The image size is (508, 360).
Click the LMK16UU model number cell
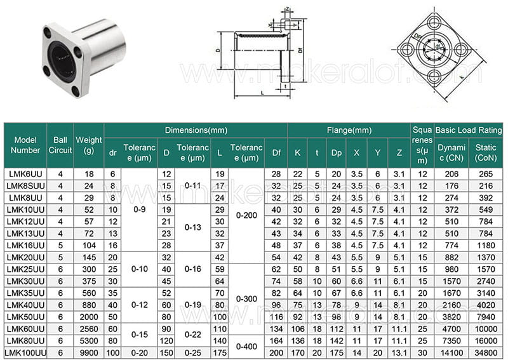point(25,245)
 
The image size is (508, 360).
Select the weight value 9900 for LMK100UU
point(89,352)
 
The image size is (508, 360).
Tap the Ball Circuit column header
point(60,145)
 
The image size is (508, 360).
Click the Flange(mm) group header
point(349,130)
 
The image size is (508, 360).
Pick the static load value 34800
point(486,352)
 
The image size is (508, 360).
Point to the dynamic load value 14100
point(451,352)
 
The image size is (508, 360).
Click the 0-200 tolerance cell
point(246,215)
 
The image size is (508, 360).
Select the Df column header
point(276,152)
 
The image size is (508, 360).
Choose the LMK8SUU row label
point(25,185)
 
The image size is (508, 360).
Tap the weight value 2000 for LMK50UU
point(89,317)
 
